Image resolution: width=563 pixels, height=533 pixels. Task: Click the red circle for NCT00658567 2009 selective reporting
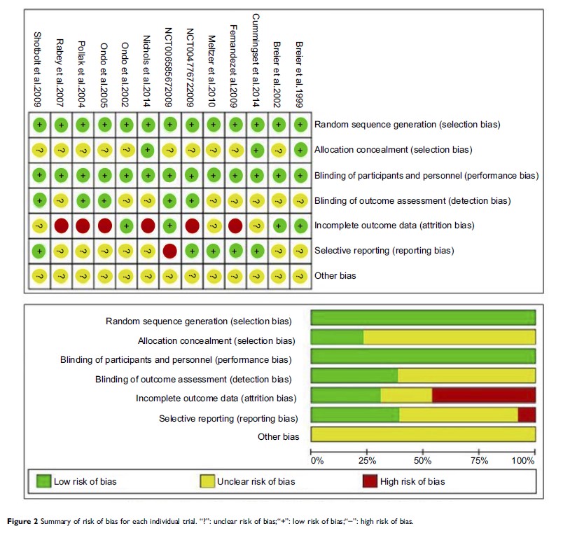click(x=169, y=251)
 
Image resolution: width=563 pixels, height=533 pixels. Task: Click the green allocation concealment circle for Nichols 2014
click(x=147, y=150)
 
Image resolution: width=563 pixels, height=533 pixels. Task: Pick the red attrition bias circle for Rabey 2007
click(x=60, y=226)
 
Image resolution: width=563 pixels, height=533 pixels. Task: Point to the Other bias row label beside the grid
click(x=335, y=276)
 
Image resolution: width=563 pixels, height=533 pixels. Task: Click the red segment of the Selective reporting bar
click(x=527, y=415)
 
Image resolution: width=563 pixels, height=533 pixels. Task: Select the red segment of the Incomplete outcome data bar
click(x=483, y=394)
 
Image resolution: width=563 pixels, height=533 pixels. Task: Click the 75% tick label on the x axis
click(x=480, y=460)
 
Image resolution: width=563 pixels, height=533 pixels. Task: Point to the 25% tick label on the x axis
click(x=367, y=460)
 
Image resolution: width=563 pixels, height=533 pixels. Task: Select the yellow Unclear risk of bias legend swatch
click(x=208, y=481)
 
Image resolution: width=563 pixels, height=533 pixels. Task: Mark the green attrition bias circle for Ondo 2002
click(x=125, y=226)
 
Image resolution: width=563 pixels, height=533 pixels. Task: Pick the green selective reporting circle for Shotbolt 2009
click(x=39, y=251)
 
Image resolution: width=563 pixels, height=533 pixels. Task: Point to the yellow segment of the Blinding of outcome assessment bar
click(x=466, y=375)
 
